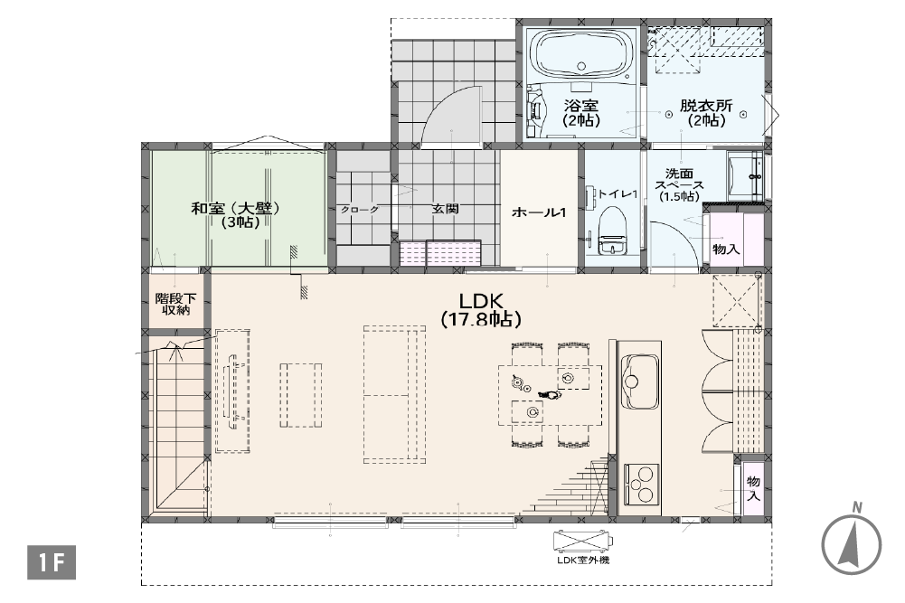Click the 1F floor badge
[x=52, y=562]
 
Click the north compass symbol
[x=852, y=542]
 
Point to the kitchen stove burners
[x=641, y=484]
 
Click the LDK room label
[x=481, y=309]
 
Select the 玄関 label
[x=445, y=209]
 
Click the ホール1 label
[x=539, y=212]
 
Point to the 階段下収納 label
[x=175, y=304]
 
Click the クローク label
[x=360, y=210]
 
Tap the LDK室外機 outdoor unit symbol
[x=583, y=542]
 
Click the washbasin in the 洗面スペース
[x=746, y=175]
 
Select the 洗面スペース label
[x=679, y=185]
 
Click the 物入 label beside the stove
[x=753, y=489]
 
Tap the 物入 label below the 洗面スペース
[x=726, y=250]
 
